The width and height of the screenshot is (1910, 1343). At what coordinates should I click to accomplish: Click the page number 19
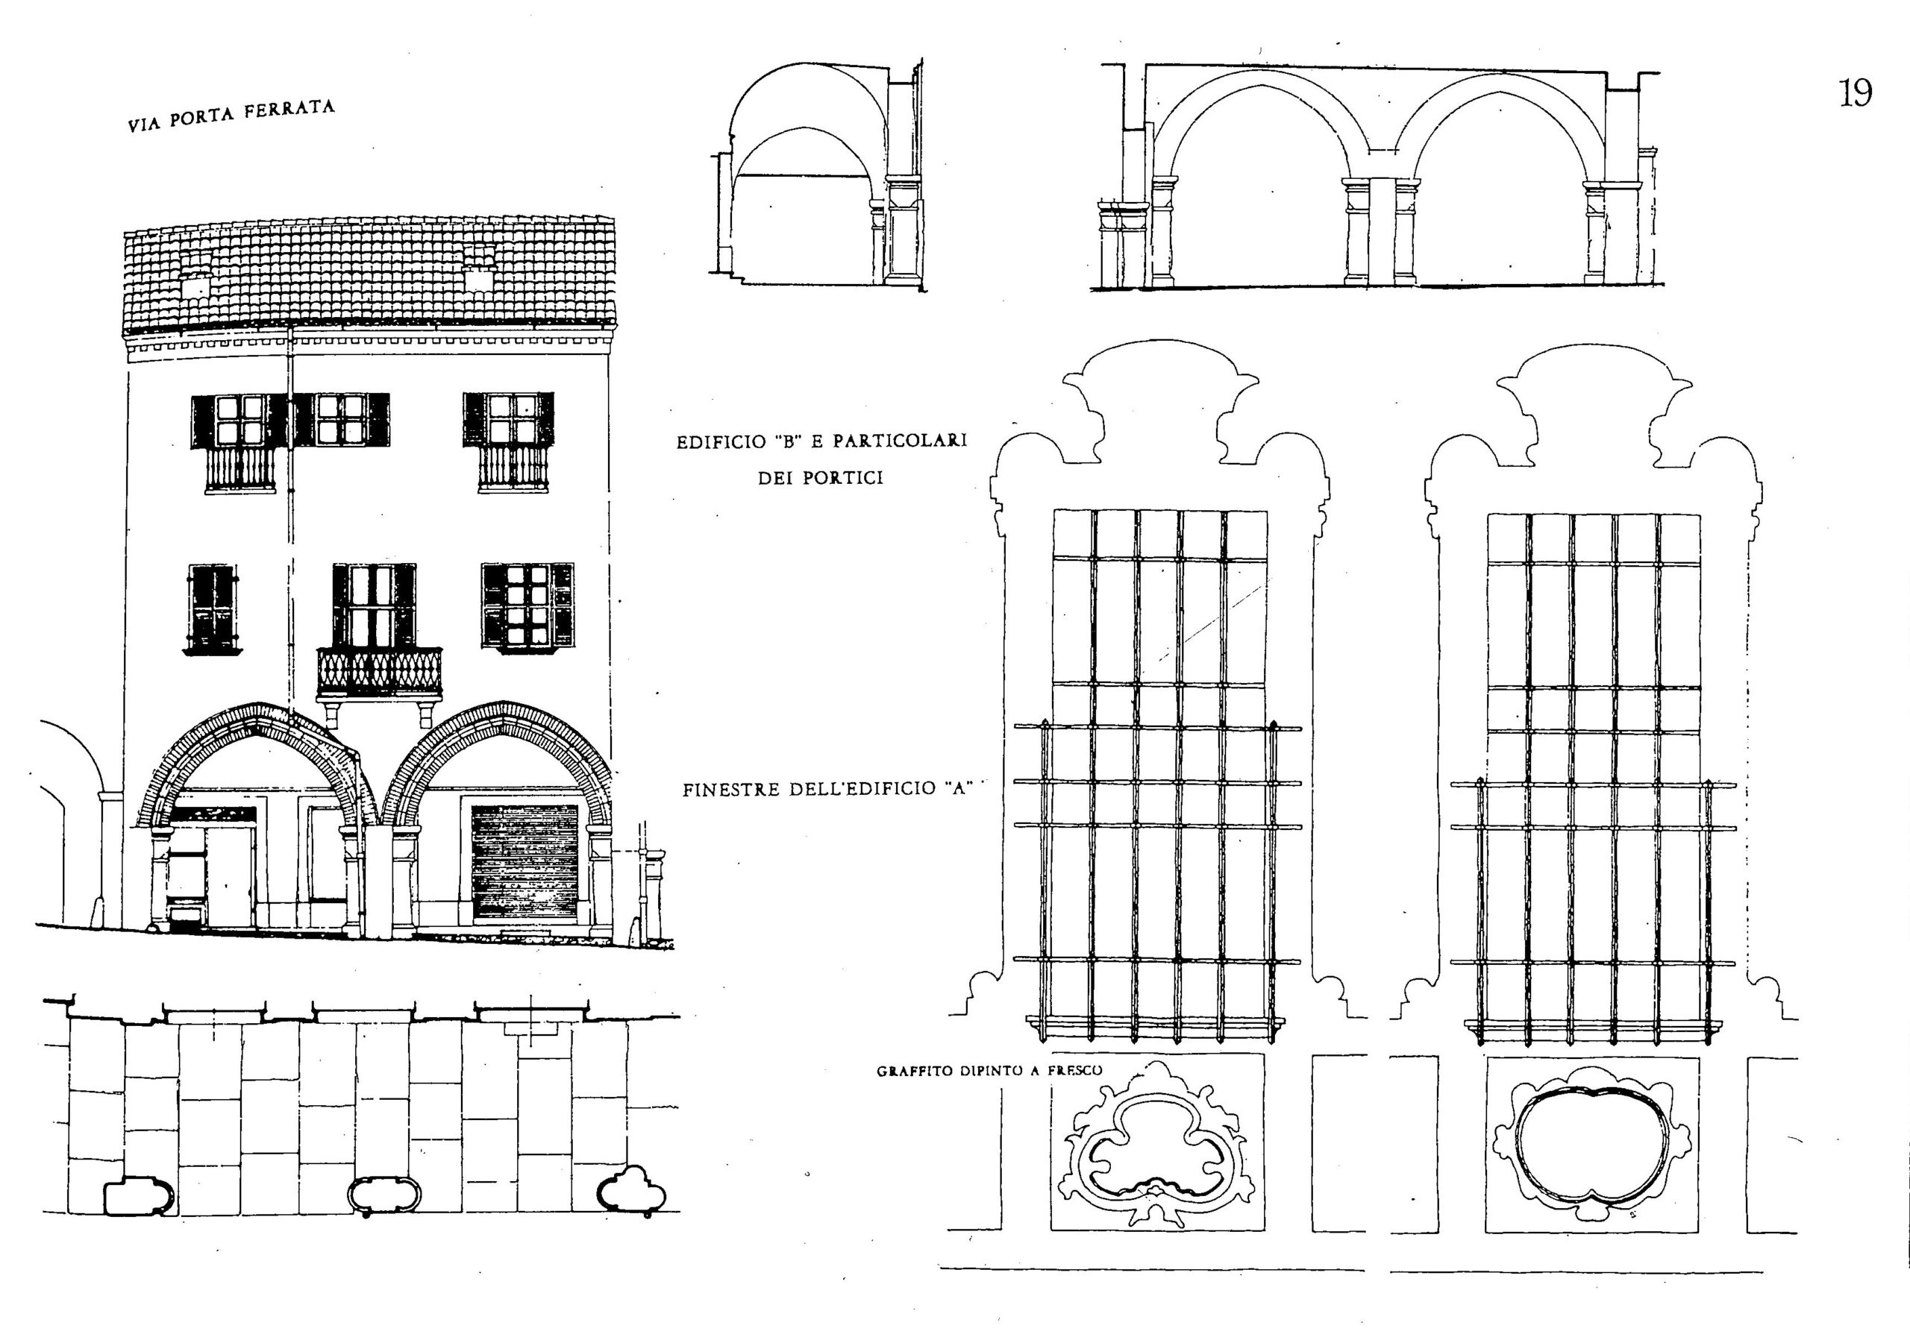pyautogui.click(x=1854, y=92)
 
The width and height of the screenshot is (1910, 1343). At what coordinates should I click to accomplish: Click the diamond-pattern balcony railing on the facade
pyautogui.click(x=379, y=672)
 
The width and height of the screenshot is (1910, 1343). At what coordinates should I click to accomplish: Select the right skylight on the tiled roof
pyautogui.click(x=478, y=277)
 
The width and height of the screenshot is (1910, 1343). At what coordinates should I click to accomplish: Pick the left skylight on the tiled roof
pyautogui.click(x=196, y=286)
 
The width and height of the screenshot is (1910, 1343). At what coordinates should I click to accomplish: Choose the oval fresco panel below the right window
pyautogui.click(x=1591, y=1146)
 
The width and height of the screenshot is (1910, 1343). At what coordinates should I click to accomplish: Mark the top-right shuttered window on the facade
pyautogui.click(x=509, y=419)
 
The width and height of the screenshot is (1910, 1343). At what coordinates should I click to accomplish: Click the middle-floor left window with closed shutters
pyautogui.click(x=212, y=609)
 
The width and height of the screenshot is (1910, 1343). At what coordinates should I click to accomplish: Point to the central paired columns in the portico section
pyautogui.click(x=1381, y=230)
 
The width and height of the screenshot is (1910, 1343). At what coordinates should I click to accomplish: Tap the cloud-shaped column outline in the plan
pyautogui.click(x=632, y=1190)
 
